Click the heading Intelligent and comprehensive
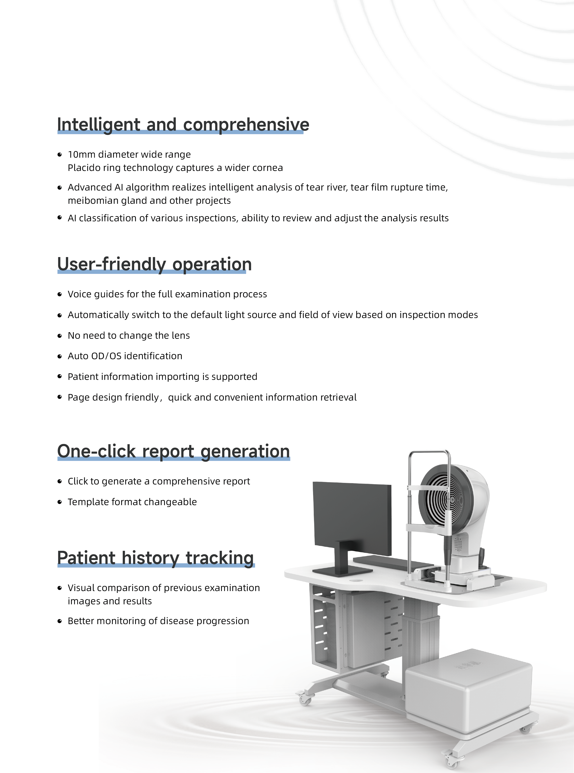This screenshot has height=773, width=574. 183,125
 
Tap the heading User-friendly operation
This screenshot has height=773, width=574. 155,264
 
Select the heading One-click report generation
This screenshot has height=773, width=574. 174,452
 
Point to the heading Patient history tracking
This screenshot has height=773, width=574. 156,558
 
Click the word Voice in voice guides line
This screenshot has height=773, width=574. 78,294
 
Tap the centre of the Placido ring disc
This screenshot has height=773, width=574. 453,500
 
